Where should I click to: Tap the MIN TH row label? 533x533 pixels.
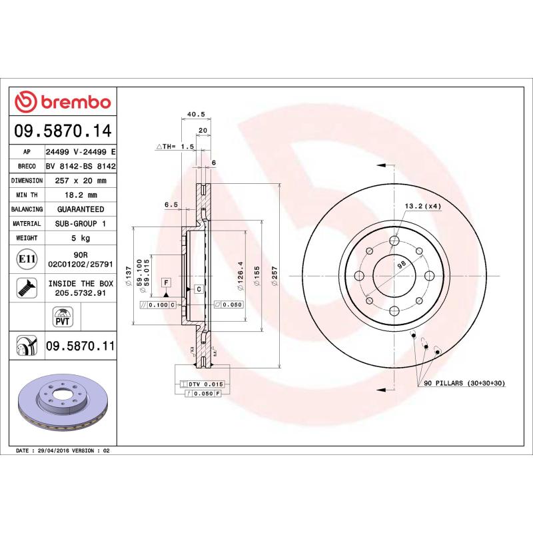[x=28, y=195]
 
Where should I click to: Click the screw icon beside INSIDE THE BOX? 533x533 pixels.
[x=27, y=288]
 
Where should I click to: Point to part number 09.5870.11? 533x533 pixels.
[x=81, y=346]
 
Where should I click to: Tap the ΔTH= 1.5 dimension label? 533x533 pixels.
[x=175, y=145]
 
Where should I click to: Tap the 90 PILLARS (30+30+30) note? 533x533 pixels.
[x=465, y=383]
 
